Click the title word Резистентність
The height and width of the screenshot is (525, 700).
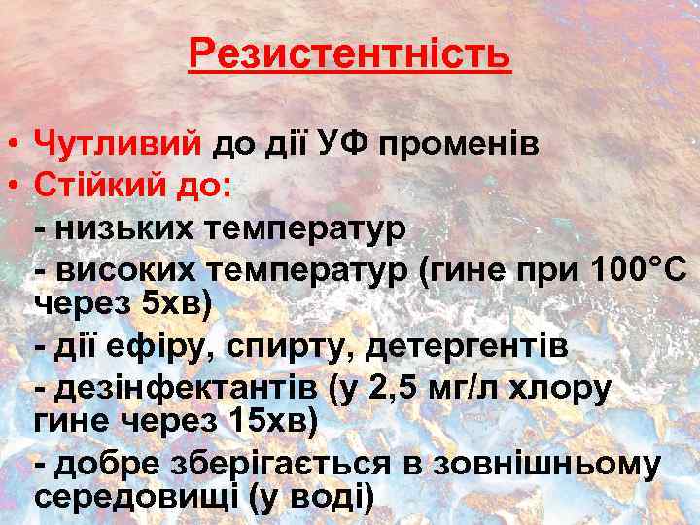coord(350,54)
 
